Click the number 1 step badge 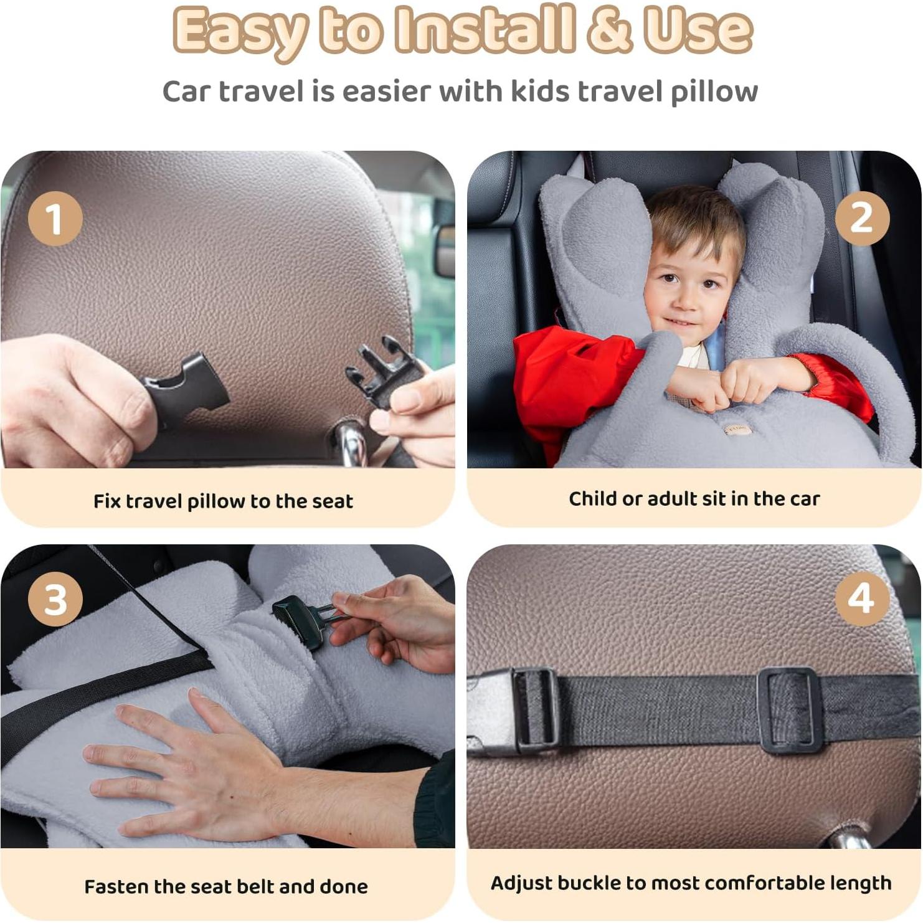55,219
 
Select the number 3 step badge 55,599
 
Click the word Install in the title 485,29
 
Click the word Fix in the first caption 107,501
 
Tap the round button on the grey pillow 737,430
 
